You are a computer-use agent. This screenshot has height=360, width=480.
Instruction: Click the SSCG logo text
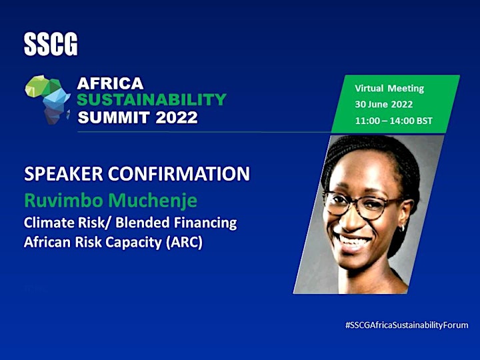coord(51,45)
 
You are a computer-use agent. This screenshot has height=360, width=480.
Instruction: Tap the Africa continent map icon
coord(48,99)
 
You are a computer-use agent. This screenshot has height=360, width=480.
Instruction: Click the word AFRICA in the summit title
coord(110,83)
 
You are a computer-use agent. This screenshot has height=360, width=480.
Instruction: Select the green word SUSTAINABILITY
coord(151,99)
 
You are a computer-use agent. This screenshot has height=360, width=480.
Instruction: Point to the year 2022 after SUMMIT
coord(176,117)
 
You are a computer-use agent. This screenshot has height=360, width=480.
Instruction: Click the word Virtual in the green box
coord(369,89)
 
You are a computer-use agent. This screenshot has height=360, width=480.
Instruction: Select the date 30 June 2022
coord(384,105)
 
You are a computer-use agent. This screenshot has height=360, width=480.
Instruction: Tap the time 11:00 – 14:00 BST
coord(394,121)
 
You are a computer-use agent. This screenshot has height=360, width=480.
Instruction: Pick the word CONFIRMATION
coord(179,173)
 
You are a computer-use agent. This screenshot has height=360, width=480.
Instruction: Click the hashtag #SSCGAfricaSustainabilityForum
coord(407,325)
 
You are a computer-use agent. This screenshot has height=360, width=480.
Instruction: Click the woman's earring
coord(403,227)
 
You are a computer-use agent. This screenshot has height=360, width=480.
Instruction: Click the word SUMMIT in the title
coord(114,117)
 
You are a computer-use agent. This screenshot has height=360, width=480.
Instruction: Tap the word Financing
coord(205,223)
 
